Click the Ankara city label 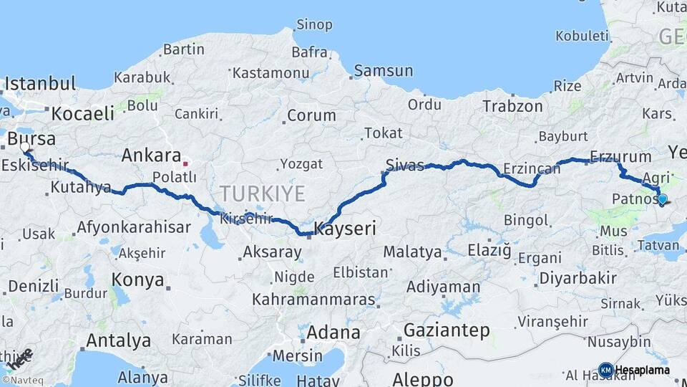click(x=151, y=156)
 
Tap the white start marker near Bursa click(x=25, y=148)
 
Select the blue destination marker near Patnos click(x=662, y=200)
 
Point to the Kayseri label click(x=346, y=229)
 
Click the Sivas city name click(x=405, y=164)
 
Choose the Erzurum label click(x=620, y=157)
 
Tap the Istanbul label click(x=40, y=84)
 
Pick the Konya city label click(x=137, y=279)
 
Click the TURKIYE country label click(x=262, y=193)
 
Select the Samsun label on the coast click(x=384, y=71)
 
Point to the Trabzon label click(x=512, y=106)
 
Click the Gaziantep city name click(x=447, y=330)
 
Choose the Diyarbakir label click(x=578, y=278)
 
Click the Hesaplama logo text click(x=645, y=370)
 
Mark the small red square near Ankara click(x=185, y=163)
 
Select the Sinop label click(x=314, y=25)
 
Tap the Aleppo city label click(x=423, y=378)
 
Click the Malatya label click(x=412, y=252)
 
